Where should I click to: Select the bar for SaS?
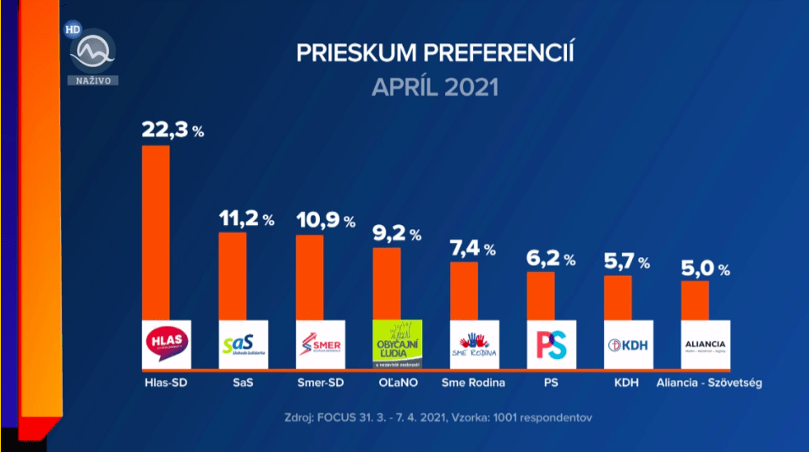(x=233, y=275)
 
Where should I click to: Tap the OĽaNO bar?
(x=387, y=283)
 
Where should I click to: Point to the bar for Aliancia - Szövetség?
(x=695, y=300)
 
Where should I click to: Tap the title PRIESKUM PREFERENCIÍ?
(x=435, y=54)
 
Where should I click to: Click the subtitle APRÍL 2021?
(x=435, y=86)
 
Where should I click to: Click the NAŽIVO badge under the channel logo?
(x=93, y=80)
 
